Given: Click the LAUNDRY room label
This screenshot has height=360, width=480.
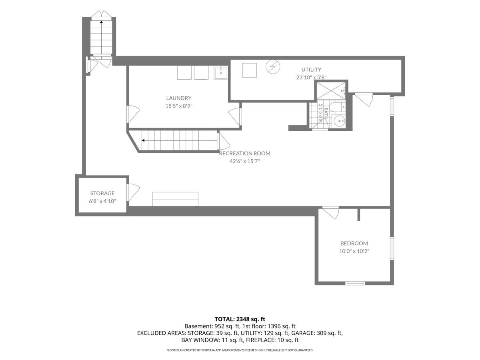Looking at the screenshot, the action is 179,98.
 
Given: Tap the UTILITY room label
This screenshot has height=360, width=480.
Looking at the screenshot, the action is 311,70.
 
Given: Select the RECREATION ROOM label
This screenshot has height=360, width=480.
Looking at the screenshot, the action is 244,153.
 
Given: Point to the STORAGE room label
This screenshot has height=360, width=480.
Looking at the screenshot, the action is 102,193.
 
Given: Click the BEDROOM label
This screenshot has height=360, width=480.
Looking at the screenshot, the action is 354,243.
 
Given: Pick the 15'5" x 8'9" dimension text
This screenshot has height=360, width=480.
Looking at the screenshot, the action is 179,106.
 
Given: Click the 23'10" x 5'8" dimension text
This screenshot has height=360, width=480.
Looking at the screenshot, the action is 311,77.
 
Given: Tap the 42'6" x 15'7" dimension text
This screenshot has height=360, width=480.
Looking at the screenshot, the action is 244,161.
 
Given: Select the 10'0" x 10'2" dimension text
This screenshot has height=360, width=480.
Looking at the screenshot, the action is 354,251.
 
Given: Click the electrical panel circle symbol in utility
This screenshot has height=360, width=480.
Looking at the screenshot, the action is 273,66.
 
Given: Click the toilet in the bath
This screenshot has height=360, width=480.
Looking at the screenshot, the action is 338,107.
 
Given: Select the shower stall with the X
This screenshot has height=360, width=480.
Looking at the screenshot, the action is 331,90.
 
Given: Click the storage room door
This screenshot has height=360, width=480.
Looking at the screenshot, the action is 133,192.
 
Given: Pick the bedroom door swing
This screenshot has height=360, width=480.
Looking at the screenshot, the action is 331,213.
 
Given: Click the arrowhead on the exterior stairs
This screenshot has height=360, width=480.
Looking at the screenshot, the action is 101,22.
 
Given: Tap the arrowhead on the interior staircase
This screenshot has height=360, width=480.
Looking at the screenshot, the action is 143,140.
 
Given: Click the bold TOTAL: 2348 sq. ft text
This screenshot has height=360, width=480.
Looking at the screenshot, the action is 240,319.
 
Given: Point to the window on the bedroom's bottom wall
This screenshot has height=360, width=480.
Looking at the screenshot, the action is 355,283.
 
